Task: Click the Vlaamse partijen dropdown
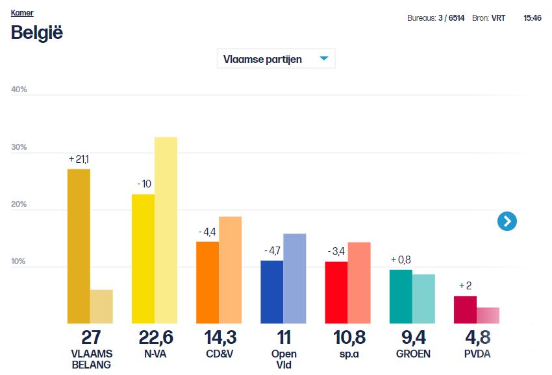point(276,59)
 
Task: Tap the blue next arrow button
point(507,221)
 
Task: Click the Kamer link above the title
point(22,13)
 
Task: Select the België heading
point(37,32)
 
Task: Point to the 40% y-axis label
point(19,90)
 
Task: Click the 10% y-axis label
point(19,261)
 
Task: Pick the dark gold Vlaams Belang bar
point(79,247)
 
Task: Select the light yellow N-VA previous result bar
point(166,230)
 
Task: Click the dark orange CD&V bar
point(207,282)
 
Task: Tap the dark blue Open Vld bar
point(271,292)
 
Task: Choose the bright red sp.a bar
point(336,293)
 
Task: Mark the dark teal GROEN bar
point(401,296)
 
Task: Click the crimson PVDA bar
point(465,309)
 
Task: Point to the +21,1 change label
point(79,159)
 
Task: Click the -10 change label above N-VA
point(144,184)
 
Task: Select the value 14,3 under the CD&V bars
point(219,338)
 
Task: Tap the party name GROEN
point(412,354)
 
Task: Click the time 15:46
point(533,18)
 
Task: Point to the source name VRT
point(498,18)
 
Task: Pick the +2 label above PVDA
point(465,286)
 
